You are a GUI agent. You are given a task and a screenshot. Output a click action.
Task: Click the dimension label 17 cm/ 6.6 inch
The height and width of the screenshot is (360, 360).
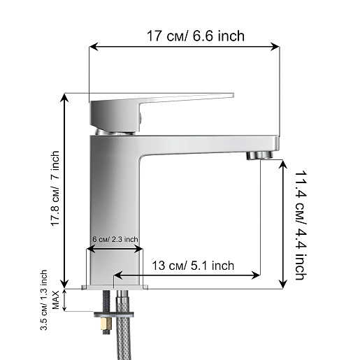(x=196, y=36)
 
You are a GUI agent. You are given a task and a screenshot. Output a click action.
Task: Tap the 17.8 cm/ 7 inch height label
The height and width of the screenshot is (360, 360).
(x=55, y=188)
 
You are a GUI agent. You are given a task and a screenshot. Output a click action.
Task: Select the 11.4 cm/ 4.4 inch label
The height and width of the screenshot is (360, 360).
(x=301, y=225)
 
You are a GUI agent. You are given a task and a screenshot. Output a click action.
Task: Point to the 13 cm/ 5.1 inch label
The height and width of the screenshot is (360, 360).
(x=193, y=266)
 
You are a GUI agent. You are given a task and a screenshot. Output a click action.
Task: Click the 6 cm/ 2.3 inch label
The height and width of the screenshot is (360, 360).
(x=115, y=239)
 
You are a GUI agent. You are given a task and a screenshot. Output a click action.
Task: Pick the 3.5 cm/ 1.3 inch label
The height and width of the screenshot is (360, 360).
(x=44, y=300)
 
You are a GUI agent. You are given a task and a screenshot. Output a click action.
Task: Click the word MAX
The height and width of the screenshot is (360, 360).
(x=56, y=300)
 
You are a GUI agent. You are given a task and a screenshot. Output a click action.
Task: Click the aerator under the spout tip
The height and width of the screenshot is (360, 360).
(x=260, y=155)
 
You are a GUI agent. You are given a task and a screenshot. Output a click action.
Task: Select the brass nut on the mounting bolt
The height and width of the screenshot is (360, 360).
(x=107, y=323)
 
